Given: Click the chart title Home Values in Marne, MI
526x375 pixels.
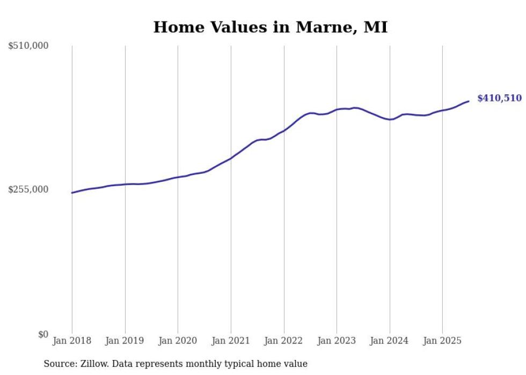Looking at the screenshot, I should coord(270,27).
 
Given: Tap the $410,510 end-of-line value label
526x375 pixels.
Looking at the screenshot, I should coord(499,98).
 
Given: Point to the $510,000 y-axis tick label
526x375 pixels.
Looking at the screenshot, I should coord(28,46).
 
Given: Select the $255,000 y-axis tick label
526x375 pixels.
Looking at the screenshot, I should coord(28,189).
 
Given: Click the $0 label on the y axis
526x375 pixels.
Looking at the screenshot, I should coord(43,334).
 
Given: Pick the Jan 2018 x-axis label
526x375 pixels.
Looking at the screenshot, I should coord(72,341).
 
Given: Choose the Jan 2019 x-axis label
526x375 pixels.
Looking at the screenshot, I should coord(125,341).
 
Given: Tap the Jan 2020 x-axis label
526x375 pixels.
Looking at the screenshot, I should coord(178,341).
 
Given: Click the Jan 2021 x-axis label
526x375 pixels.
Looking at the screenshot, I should coord(231,341).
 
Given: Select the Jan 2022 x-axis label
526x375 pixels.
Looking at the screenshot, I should coord(284,341).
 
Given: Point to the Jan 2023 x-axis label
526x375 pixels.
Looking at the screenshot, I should coord(337,341).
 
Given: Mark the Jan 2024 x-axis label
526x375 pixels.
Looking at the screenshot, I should coord(390,341).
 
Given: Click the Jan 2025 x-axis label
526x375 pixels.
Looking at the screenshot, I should coord(442,341).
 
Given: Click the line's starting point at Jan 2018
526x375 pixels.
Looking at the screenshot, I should coord(72,193).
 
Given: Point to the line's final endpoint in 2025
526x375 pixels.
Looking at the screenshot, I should coord(469,101).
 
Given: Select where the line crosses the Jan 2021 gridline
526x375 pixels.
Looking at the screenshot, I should coord(231,158).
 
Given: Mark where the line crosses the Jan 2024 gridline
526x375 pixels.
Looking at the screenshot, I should coord(390,119).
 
